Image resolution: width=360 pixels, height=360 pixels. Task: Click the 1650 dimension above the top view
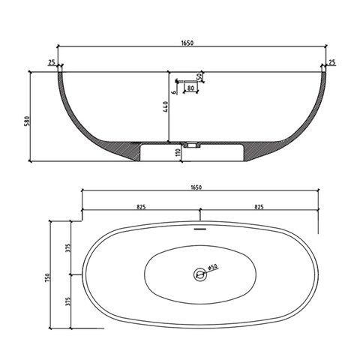click(196, 187)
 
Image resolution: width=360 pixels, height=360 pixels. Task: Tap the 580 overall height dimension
click(28, 121)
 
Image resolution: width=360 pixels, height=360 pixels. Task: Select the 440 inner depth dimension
click(166, 106)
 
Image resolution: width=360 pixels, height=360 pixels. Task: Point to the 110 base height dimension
click(178, 152)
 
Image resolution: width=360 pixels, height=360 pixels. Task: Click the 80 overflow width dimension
click(190, 88)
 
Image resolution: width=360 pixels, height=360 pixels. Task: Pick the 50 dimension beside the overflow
click(199, 77)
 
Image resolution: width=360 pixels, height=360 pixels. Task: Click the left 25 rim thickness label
click(52, 62)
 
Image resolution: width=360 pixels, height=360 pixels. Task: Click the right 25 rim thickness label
click(331, 62)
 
